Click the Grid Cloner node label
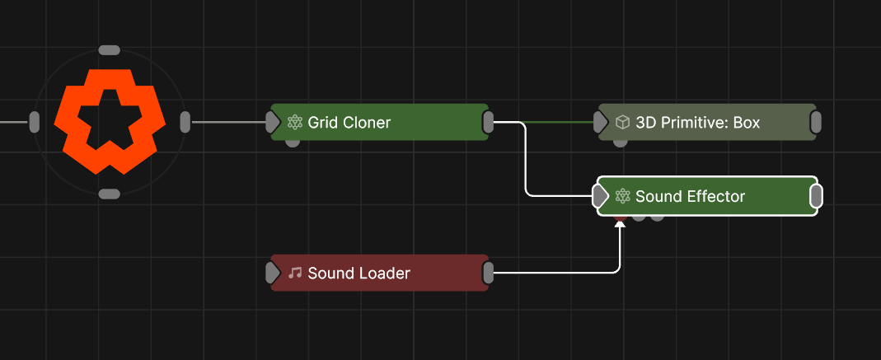point(349,123)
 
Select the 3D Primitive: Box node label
point(697,123)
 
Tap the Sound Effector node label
point(690,196)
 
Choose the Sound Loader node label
point(358,273)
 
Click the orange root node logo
point(109,122)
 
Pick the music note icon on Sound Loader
point(295,273)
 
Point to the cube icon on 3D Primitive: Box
point(623,123)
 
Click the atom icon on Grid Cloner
point(296,123)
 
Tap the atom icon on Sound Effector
point(623,196)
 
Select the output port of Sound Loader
point(488,273)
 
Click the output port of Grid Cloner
point(488,123)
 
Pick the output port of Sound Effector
point(816,196)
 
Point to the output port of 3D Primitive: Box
point(815,123)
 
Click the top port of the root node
point(109,50)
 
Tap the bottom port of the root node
point(109,194)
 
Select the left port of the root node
point(35,122)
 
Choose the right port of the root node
point(185,122)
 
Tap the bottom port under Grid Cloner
point(293,142)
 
